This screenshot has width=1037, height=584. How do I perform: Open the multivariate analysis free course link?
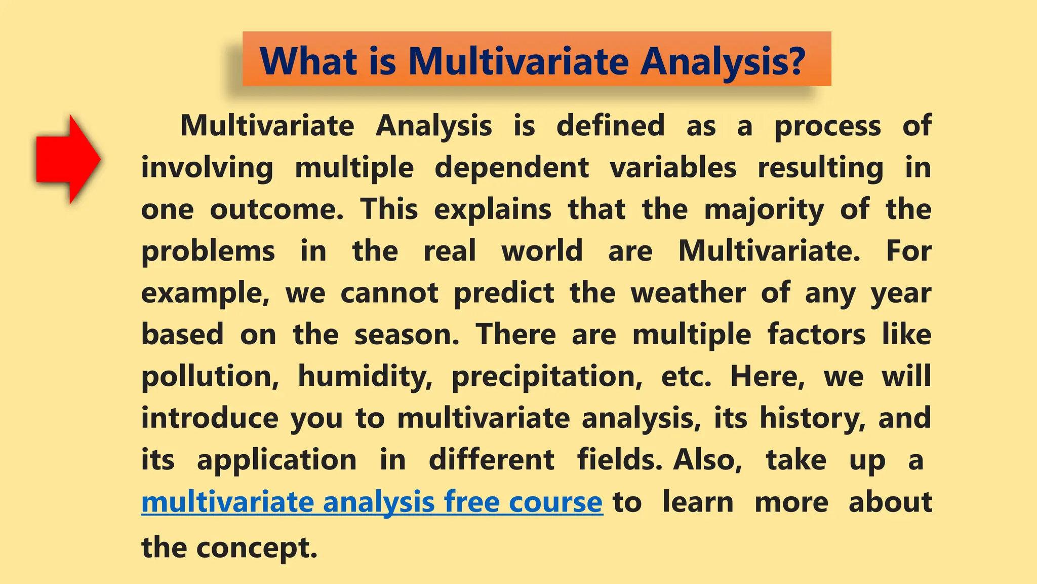point(372,502)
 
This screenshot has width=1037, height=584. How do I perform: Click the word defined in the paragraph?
point(610,125)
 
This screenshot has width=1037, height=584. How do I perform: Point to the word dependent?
point(511,167)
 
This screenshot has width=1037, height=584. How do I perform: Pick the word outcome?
point(276,209)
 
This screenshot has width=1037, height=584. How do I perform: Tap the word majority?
point(764,210)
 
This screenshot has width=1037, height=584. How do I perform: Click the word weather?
point(688,293)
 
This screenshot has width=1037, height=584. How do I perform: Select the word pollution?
point(210,376)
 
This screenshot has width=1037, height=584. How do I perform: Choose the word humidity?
point(365,376)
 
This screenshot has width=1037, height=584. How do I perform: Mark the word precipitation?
point(546,376)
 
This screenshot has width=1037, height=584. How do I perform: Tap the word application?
point(276,460)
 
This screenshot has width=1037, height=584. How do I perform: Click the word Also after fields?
point(707,460)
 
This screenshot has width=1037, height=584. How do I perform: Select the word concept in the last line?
point(256,548)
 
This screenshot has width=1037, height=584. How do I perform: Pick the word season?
point(407,335)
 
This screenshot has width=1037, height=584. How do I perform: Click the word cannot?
point(389,293)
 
